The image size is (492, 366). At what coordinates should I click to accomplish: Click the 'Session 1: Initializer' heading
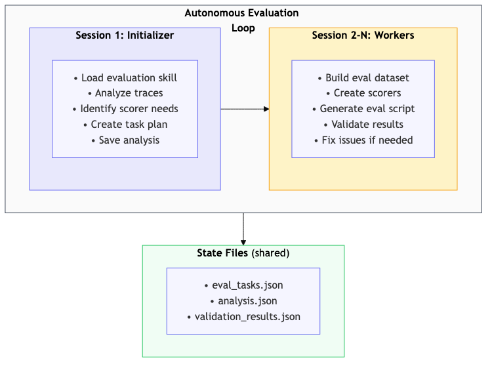[125, 35]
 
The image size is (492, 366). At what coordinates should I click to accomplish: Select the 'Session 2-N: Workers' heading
[363, 35]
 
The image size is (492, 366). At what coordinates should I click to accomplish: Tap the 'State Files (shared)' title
[243, 253]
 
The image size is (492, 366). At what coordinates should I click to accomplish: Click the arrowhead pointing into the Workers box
[266, 109]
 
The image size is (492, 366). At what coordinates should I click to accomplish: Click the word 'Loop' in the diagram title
[243, 29]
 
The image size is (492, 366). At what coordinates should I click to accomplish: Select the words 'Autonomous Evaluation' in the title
[241, 13]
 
